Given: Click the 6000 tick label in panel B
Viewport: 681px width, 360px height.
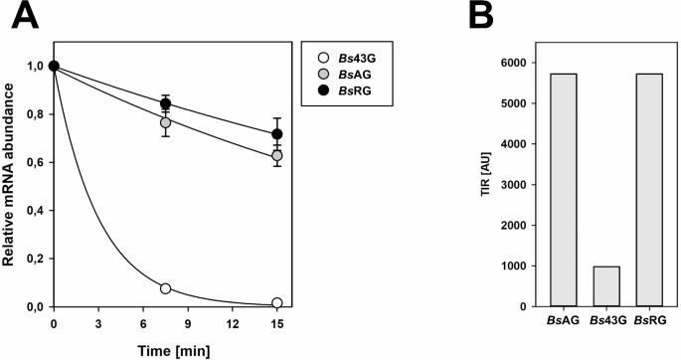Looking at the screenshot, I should point(510,62).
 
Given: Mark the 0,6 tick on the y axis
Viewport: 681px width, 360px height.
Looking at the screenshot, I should point(38,162).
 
